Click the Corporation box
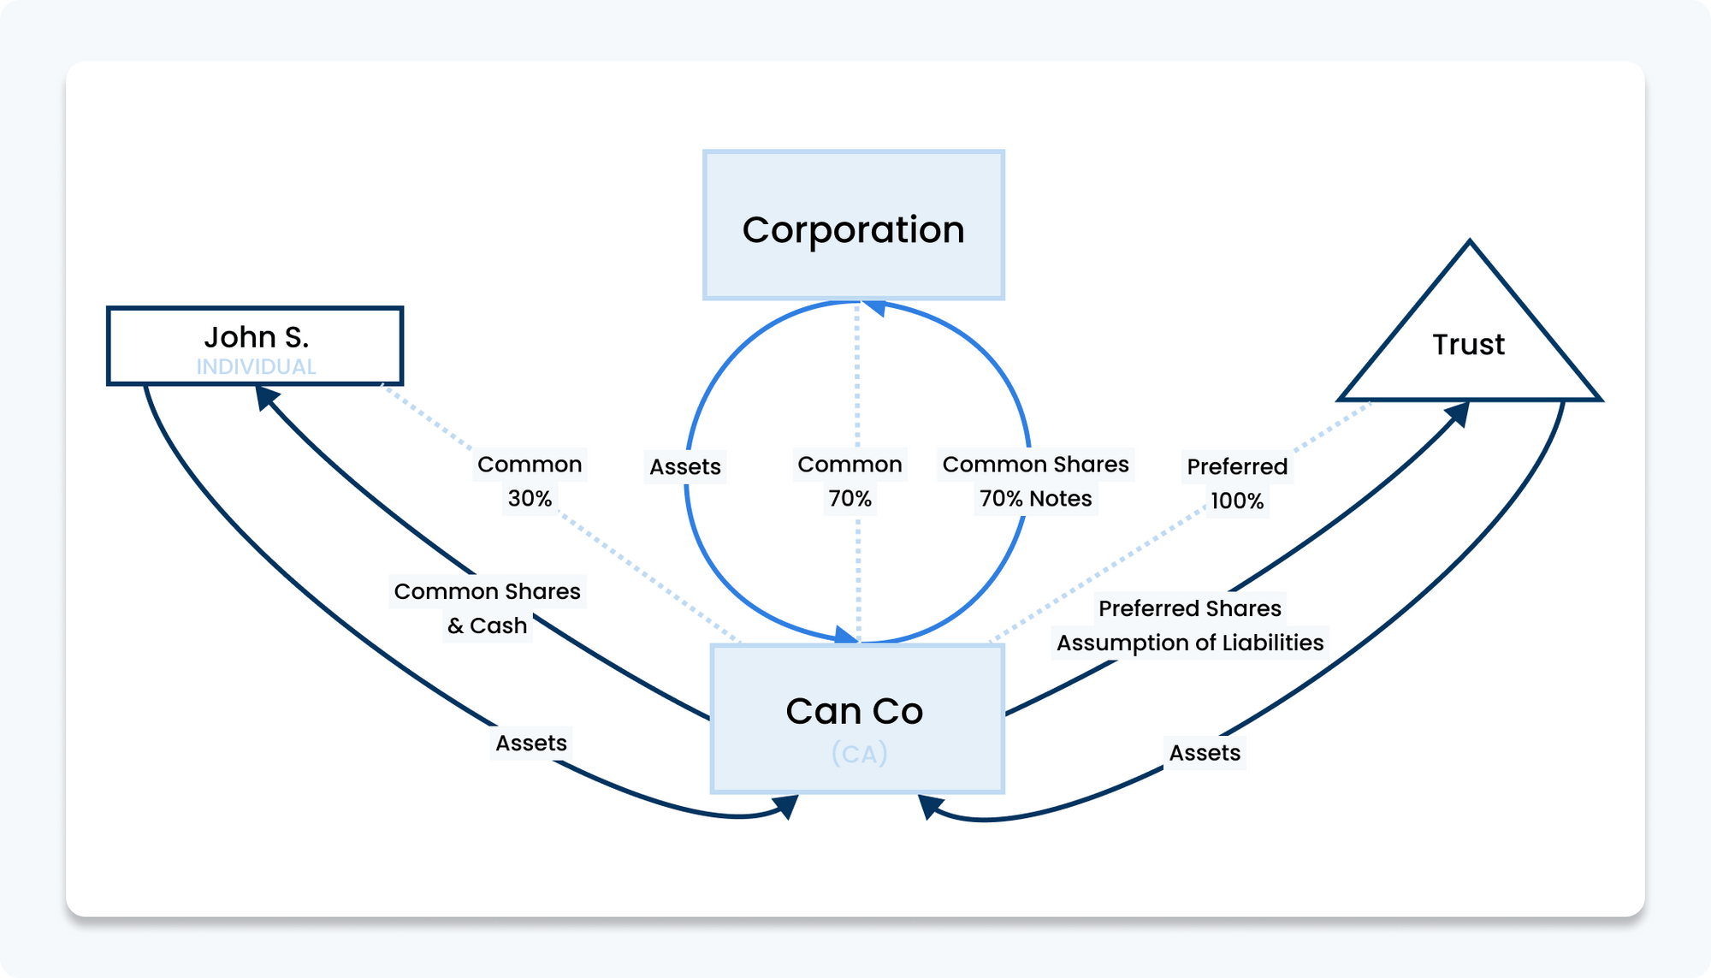[854, 225]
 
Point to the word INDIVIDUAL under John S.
[256, 367]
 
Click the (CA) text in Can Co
[859, 754]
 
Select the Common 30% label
[530, 481]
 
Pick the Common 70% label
[850, 481]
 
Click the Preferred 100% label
[1237, 483]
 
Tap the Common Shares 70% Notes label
[1035, 481]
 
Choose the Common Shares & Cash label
[487, 608]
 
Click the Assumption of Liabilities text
[1189, 643]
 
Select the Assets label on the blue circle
[685, 467]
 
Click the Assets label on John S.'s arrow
[531, 743]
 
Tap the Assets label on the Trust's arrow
[1205, 753]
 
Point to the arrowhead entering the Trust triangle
[1458, 413]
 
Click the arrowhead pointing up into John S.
[267, 396]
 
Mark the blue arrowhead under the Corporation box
[873, 307]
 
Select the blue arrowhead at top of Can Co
[845, 635]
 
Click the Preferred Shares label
[1189, 608]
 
